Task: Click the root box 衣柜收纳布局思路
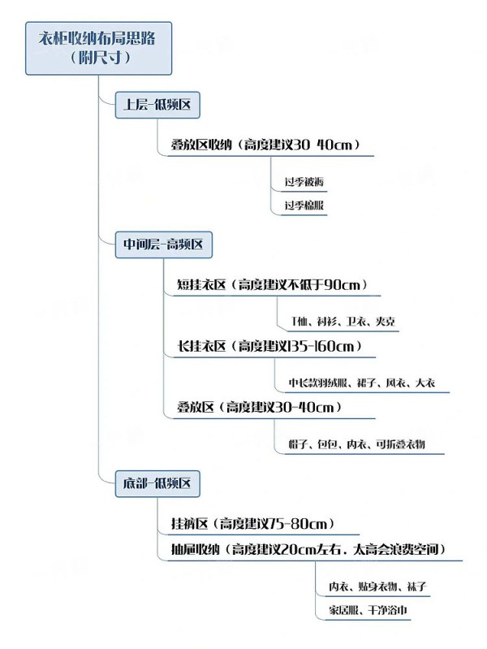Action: tap(98, 49)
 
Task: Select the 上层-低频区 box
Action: tap(157, 105)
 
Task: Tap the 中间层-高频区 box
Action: tap(163, 245)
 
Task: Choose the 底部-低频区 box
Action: tap(157, 483)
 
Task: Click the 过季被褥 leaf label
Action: tap(304, 182)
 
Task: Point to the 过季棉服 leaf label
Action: tap(304, 206)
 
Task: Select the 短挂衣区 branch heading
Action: tap(201, 285)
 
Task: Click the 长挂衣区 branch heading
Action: tap(201, 346)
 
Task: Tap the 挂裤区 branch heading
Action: tap(189, 524)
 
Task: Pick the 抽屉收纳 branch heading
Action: tap(196, 550)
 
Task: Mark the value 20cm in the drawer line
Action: tap(299, 550)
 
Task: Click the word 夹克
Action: tap(386, 322)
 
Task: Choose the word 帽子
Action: tap(298, 444)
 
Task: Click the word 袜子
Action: tap(416, 586)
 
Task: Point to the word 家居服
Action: tap(343, 610)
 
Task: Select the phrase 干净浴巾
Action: tap(388, 610)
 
